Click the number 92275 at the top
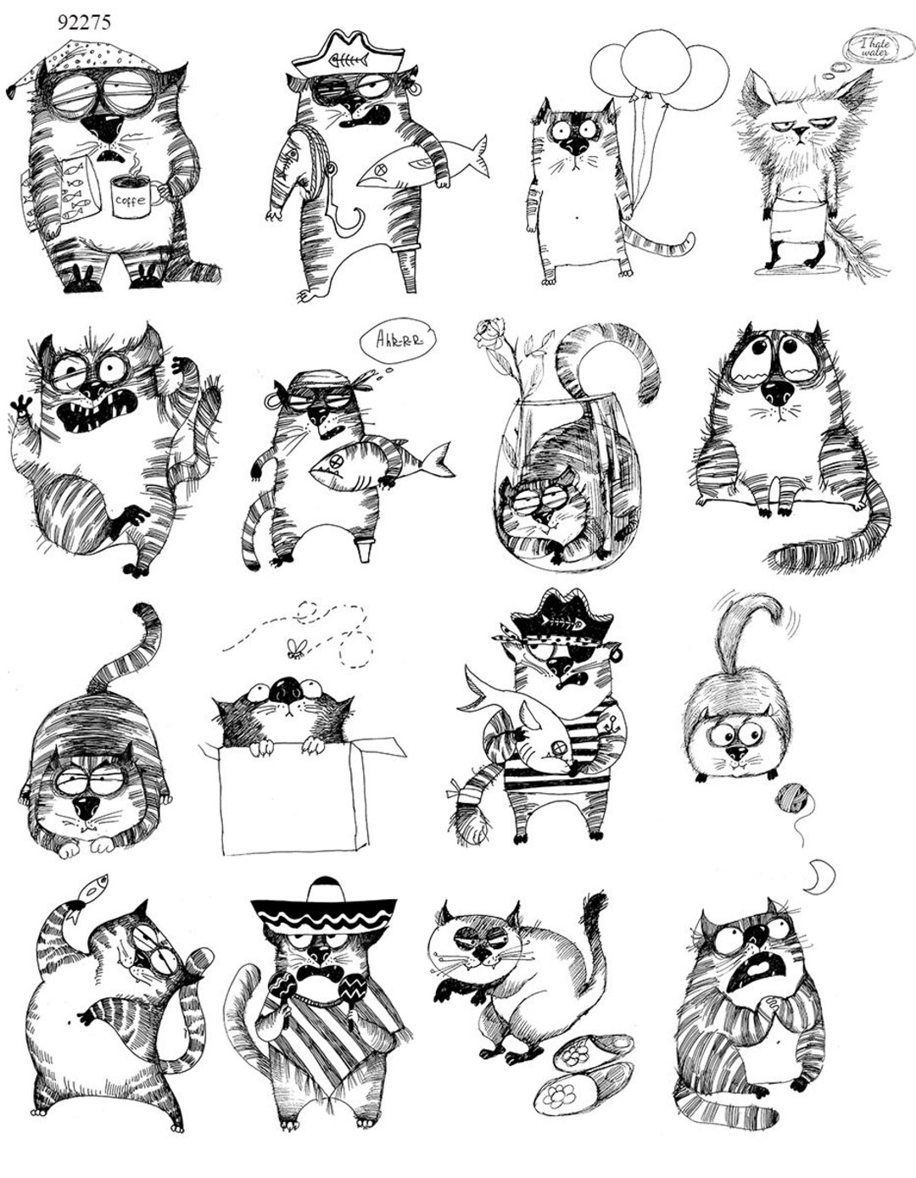(x=84, y=21)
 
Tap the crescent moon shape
(x=818, y=875)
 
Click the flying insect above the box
(x=297, y=649)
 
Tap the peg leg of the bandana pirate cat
(x=364, y=548)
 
